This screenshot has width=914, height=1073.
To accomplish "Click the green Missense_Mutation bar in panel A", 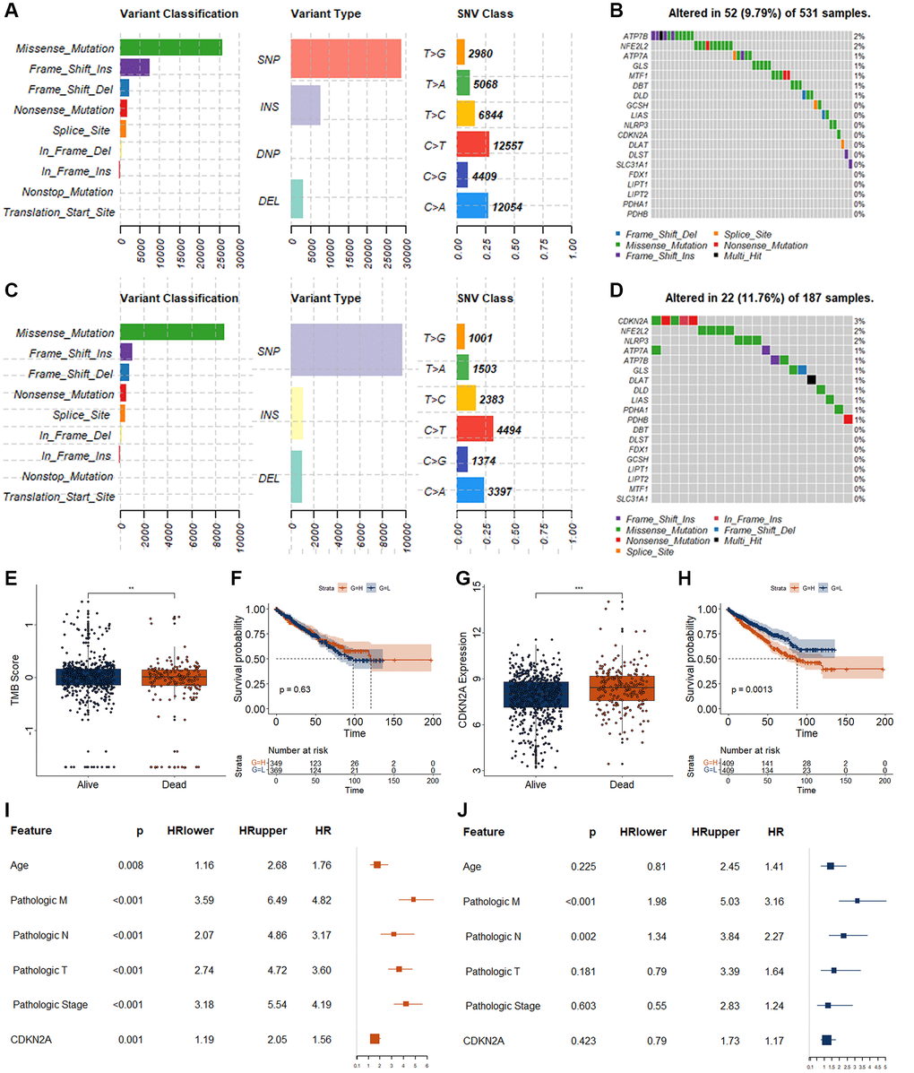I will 170,48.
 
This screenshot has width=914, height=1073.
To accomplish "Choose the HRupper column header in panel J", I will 712,832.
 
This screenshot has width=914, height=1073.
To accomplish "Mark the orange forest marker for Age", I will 377,865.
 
